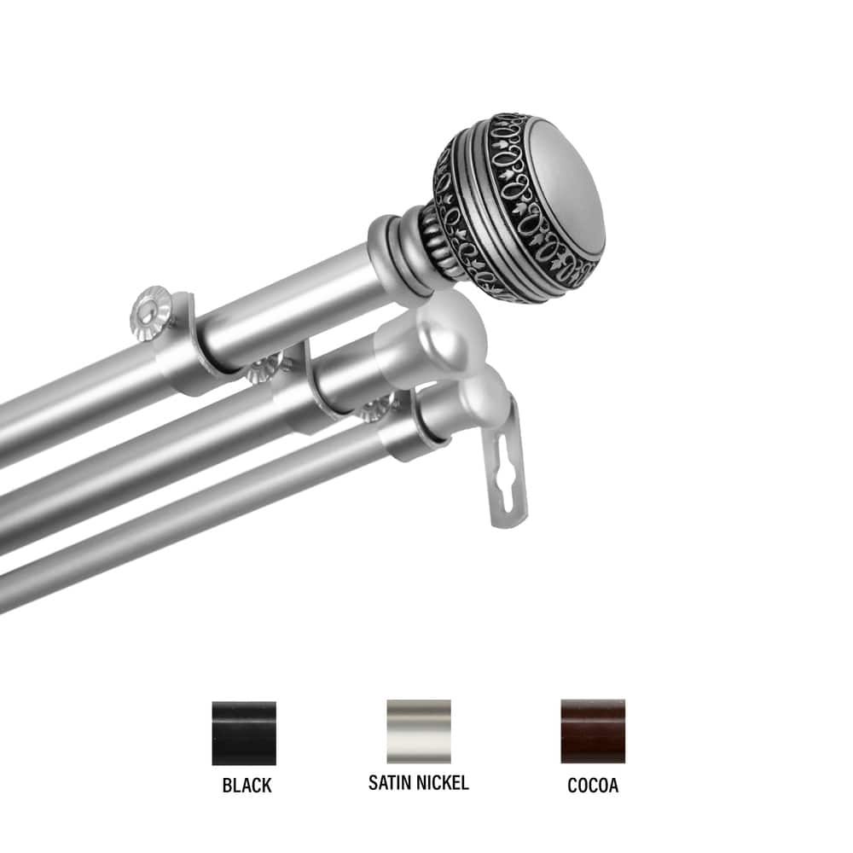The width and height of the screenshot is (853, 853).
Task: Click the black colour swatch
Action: [244, 732]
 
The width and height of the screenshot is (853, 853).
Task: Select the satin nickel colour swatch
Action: [418, 731]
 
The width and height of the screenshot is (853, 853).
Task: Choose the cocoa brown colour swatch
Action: [593, 731]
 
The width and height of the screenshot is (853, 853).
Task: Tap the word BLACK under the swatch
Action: [247, 785]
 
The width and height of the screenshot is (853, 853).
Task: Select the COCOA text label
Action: [593, 785]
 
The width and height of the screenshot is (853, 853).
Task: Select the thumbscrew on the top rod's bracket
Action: [152, 312]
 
